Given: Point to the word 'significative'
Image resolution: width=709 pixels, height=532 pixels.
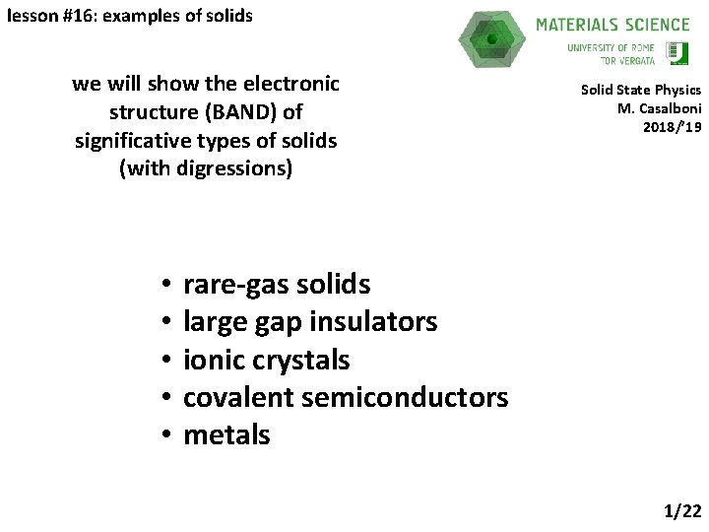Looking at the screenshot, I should pyautogui.click(x=133, y=141).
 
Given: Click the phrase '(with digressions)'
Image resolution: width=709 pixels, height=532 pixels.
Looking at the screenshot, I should pyautogui.click(x=206, y=168).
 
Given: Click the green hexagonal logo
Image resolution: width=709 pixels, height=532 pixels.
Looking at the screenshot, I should pyautogui.click(x=492, y=39).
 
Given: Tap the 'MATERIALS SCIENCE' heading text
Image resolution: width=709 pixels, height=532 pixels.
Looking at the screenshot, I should pyautogui.click(x=612, y=25).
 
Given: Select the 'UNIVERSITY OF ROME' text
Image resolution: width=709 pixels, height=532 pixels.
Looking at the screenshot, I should pyautogui.click(x=612, y=47).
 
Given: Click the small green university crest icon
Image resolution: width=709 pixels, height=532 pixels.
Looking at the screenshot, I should pyautogui.click(x=677, y=53).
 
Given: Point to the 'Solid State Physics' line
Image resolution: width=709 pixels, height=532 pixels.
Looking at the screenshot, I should pyautogui.click(x=640, y=90).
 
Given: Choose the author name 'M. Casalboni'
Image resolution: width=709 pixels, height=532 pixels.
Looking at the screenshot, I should pyautogui.click(x=659, y=108).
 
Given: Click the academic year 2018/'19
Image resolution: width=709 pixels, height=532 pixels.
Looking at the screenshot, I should pyautogui.click(x=675, y=127).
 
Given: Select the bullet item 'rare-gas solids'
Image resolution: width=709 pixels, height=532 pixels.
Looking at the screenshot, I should pyautogui.click(x=277, y=285).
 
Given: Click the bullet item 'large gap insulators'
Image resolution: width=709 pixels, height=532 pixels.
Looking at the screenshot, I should pyautogui.click(x=310, y=322).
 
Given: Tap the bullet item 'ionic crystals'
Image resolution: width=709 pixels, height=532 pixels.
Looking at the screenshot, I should pyautogui.click(x=266, y=360).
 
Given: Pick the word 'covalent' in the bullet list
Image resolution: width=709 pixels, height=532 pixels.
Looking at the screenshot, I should pyautogui.click(x=239, y=397).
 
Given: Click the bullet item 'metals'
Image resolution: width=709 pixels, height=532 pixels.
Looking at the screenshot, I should pyautogui.click(x=226, y=434).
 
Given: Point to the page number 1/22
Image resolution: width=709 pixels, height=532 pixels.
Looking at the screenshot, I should pyautogui.click(x=682, y=510).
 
